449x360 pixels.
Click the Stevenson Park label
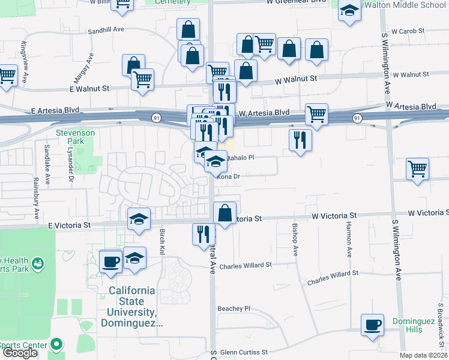pyautogui.click(x=75, y=137)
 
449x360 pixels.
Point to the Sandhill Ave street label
pyautogui.click(x=105, y=29)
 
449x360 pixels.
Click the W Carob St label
pyautogui.click(x=408, y=30)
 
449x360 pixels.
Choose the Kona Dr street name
pyautogui.click(x=229, y=176)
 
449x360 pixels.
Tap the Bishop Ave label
pyautogui.click(x=295, y=240)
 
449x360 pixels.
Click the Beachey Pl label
pyautogui.click(x=234, y=308)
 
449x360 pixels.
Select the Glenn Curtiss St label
pyautogui.click(x=246, y=353)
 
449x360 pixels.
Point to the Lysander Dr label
pyautogui.click(x=70, y=164)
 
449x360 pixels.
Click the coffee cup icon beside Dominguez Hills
pyautogui.click(x=372, y=324)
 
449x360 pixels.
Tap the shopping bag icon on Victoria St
pyautogui.click(x=224, y=213)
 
